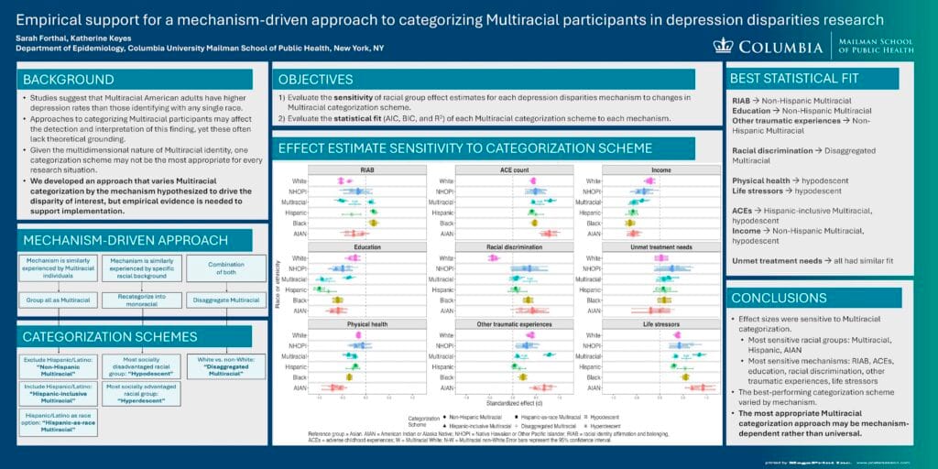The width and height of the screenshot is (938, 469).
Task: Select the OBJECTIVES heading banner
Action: coord(316,79)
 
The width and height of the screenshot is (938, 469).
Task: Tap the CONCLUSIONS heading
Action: coord(778,298)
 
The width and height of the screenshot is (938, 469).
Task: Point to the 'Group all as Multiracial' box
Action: coord(58,300)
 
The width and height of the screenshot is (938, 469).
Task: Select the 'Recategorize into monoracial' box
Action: coord(142,300)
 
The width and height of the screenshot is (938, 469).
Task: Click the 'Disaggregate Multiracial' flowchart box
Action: coord(226,300)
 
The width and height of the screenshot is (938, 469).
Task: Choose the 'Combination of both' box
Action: coord(226,268)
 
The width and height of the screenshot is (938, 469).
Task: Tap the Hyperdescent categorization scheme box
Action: coord(142,393)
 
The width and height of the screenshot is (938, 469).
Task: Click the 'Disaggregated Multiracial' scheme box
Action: coord(226,366)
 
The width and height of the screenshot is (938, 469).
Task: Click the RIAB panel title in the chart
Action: coord(367,169)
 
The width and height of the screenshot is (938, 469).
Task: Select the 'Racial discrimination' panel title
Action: coord(513,247)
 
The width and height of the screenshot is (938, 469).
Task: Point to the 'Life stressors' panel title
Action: coord(659,324)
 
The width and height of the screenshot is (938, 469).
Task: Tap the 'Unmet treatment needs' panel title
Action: coord(659,247)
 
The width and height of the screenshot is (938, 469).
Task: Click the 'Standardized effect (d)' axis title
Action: coord(513,403)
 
